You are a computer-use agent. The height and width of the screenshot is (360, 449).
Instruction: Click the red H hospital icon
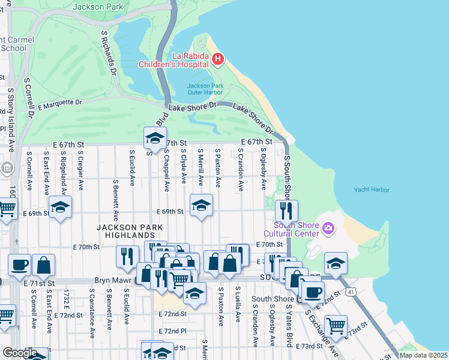coord(217,59)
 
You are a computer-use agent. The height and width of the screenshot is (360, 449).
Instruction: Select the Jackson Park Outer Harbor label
coord(205,89)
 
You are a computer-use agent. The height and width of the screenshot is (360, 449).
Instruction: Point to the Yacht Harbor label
coord(372,190)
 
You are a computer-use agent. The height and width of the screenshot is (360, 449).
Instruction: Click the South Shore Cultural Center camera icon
coord(328,228)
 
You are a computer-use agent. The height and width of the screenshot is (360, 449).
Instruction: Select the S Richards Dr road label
coord(109,54)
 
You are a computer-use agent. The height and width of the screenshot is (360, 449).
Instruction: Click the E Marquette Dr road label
coord(60,104)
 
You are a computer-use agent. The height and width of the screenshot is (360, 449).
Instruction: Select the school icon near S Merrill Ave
coord(201,205)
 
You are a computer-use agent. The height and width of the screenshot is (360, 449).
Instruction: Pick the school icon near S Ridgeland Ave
coord(60,207)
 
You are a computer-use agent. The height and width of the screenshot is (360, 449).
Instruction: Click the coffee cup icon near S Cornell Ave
coord(19,264)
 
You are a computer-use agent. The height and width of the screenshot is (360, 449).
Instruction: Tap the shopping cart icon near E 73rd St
coord(336,325)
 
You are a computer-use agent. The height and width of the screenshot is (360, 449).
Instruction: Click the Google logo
coord(20,353)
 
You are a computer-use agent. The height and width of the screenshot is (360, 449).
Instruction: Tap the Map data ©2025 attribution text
coord(423,355)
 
